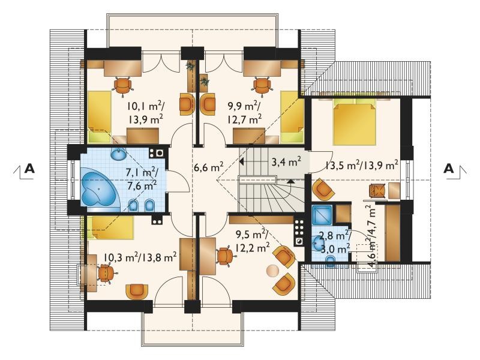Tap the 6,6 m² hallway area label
208,168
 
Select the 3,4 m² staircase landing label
286,161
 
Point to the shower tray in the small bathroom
322,216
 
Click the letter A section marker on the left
29,169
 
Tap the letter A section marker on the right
449,169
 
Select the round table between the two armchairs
273,271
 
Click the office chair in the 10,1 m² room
123,84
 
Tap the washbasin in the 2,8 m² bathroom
317,243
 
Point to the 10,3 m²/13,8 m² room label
140,257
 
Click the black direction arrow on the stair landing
242,161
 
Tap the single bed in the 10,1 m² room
99,116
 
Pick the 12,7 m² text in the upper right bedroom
245,119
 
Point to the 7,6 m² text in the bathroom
142,185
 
